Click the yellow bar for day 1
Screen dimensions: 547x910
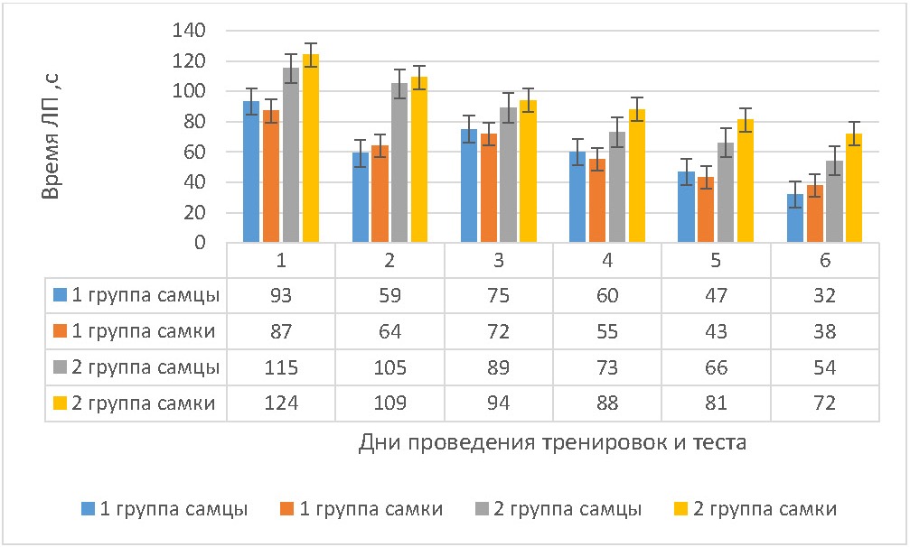click(311, 149)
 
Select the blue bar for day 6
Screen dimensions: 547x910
click(795, 218)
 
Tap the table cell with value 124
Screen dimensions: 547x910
click(281, 403)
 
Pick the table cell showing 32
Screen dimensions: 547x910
click(825, 295)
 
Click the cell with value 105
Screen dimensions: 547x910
click(389, 367)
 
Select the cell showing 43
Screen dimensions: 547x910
click(717, 331)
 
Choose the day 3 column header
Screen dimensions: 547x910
click(499, 261)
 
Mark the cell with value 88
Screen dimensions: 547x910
click(607, 403)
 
